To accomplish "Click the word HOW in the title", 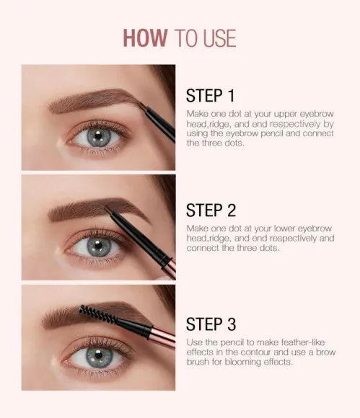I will pos(145,37).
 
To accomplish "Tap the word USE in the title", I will pos(216,37).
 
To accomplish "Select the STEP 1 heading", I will pos(211,96).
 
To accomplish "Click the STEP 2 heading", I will pos(211,210).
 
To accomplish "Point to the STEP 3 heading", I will pos(211,324).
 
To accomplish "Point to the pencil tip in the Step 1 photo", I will pos(141,108).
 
